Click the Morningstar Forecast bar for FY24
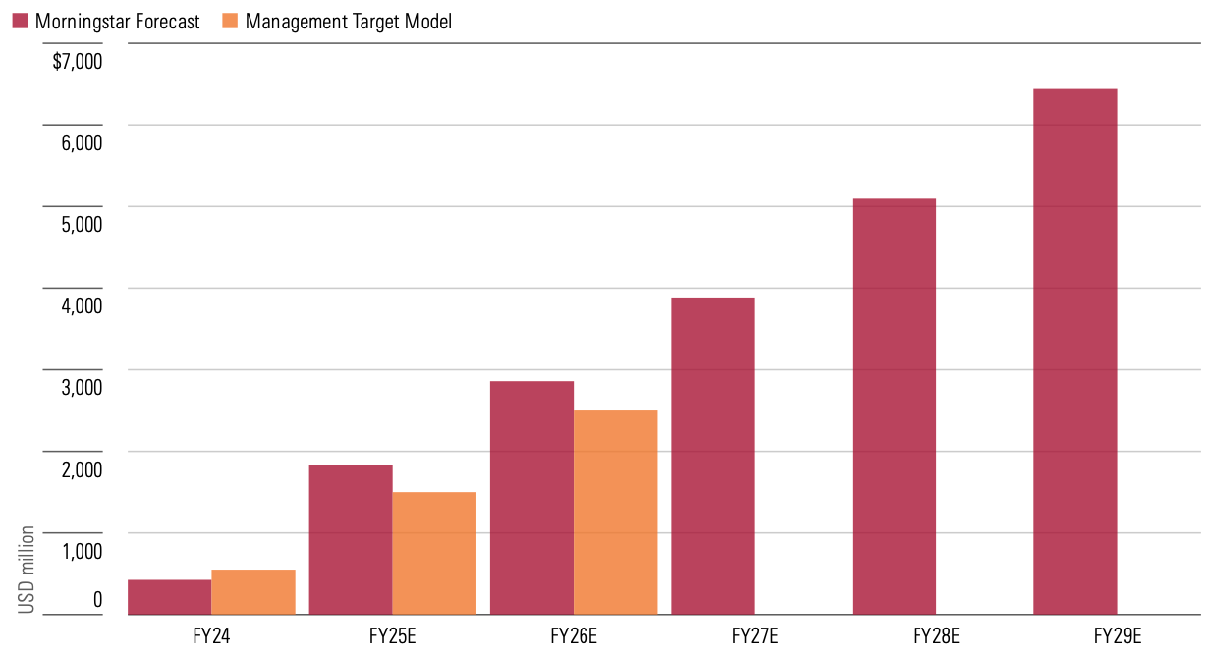pos(169,597)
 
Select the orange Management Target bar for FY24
pos(253,592)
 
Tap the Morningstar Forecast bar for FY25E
pos(351,539)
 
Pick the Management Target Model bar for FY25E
pos(434,553)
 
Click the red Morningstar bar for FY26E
pos(531,498)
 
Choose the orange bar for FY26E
pos(616,513)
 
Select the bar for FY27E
pos(713,456)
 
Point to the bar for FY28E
pos(894,407)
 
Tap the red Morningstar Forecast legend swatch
pos(20,21)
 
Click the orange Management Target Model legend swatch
pos(230,21)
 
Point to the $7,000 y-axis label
pos(78,62)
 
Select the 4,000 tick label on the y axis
pos(82,306)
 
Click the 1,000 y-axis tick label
pos(82,551)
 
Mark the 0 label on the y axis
pos(96,599)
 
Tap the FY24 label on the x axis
pos(211,634)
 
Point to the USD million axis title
pos(28,571)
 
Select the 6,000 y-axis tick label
pos(82,143)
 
